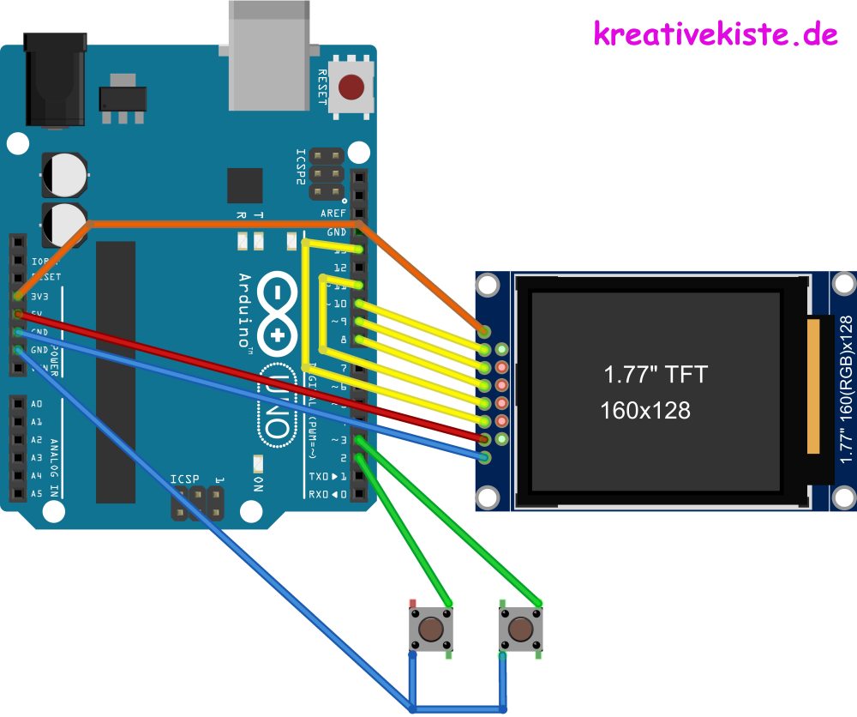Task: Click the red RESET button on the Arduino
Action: (x=351, y=87)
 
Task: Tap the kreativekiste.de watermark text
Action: (x=715, y=33)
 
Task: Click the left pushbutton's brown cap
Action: (x=431, y=630)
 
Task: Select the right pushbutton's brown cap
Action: (x=519, y=630)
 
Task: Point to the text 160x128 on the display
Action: (x=644, y=411)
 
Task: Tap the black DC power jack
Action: (x=56, y=80)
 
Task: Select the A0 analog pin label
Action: (x=36, y=404)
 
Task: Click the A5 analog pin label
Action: (x=36, y=494)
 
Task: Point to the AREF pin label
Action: (x=333, y=214)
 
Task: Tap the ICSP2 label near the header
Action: (x=301, y=167)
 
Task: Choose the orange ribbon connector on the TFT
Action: (x=817, y=383)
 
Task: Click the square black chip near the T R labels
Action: (x=244, y=185)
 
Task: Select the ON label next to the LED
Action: (x=258, y=482)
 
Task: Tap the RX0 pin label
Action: (x=325, y=494)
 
